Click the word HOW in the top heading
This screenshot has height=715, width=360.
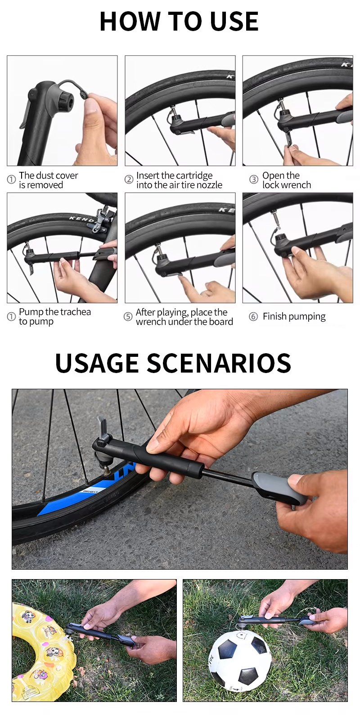coord(131,22)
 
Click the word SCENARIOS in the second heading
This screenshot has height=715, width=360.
coord(219,363)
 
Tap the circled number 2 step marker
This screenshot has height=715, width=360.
coord(129,180)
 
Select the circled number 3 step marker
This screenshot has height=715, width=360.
coord(253,180)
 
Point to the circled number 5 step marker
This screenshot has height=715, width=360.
coord(128,316)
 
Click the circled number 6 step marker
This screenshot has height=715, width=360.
coord(253,317)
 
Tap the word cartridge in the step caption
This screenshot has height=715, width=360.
coord(194,176)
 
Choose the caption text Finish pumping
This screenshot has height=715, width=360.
coord(294,316)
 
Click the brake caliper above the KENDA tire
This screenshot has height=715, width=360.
coord(102,219)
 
